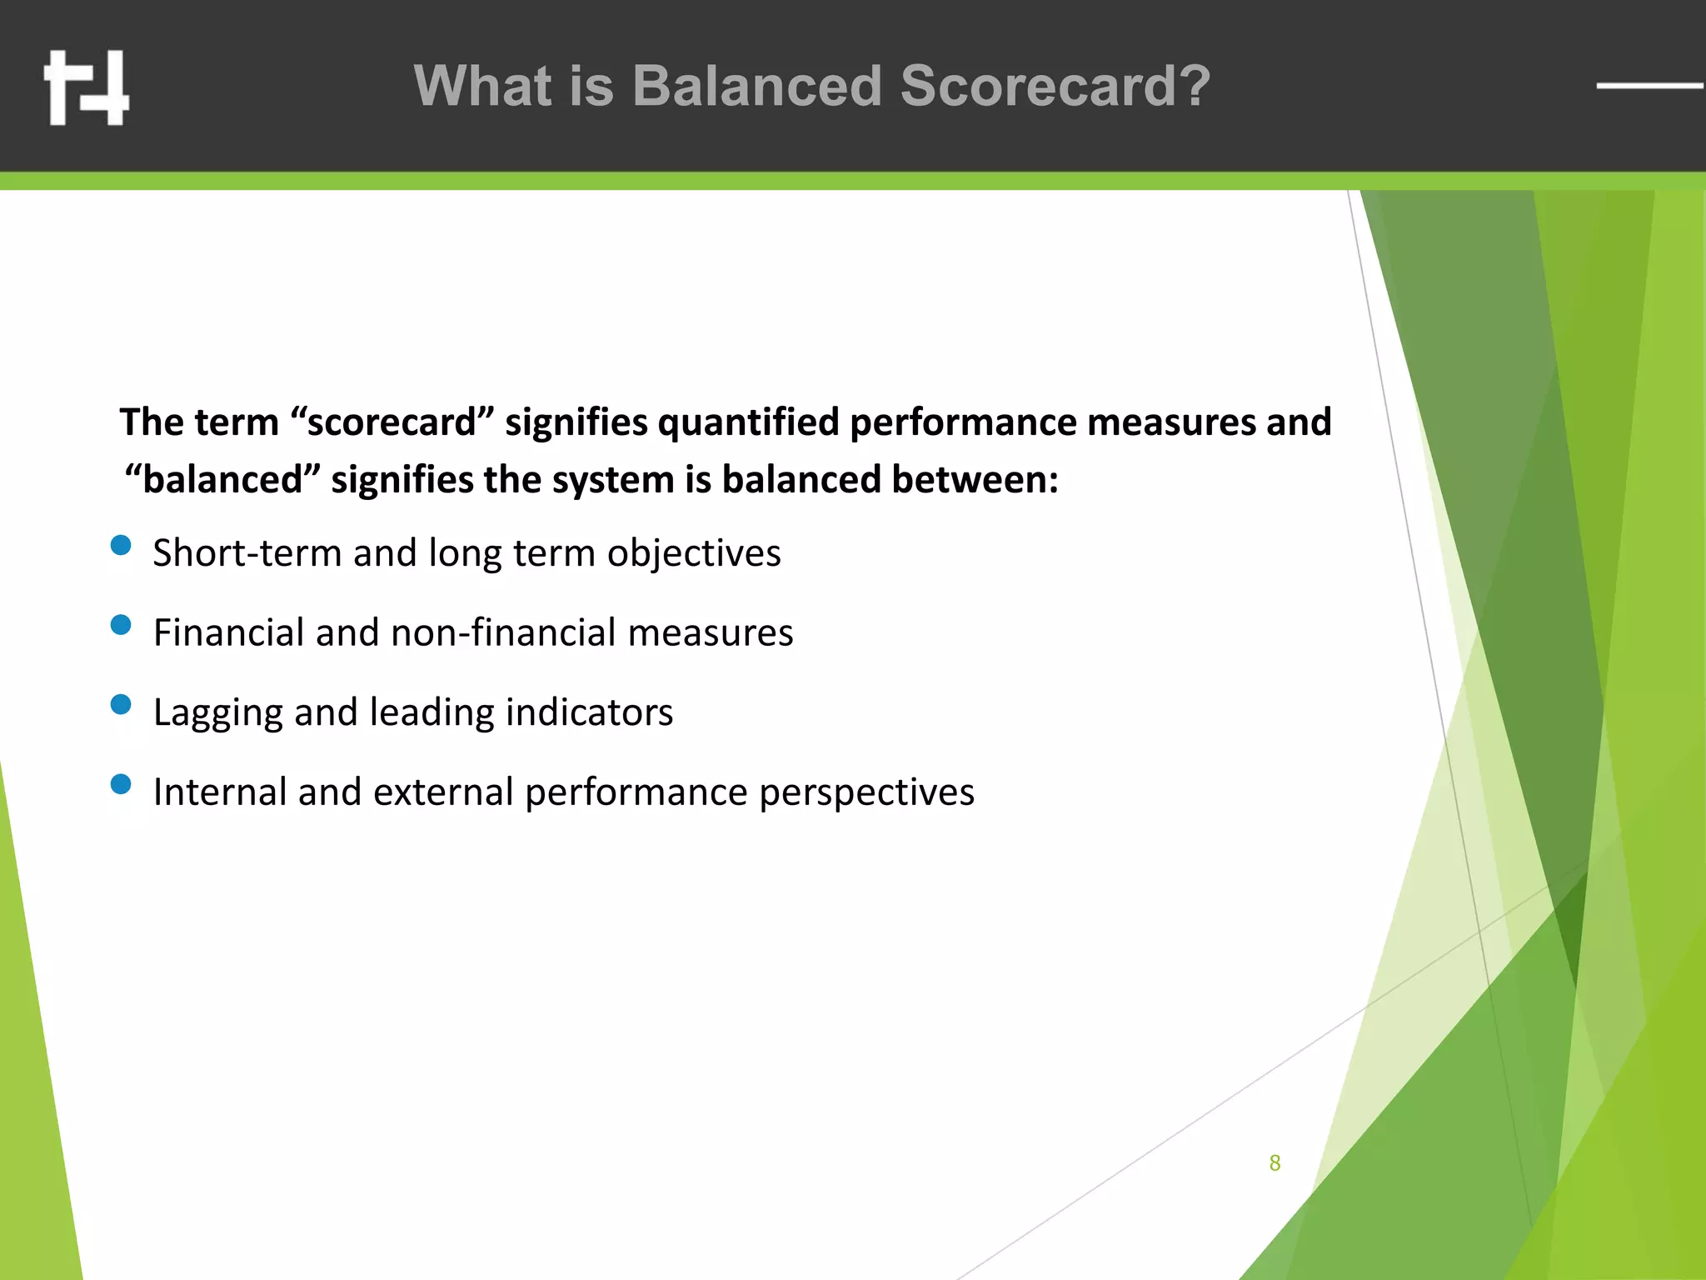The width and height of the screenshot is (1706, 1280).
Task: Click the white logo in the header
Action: coord(87,87)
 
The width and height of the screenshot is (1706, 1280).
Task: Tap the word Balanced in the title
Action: coord(756,86)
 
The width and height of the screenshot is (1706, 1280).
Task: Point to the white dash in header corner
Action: coord(1649,85)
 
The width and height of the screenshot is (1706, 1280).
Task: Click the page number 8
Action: coord(1275,1163)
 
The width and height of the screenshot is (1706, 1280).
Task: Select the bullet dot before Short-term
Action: coord(121,546)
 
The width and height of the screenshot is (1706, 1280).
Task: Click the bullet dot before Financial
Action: coord(121,625)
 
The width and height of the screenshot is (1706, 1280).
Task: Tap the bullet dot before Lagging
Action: coord(121,705)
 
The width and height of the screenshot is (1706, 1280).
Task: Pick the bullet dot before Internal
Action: coord(121,784)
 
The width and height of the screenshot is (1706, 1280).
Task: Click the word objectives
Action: coord(694,554)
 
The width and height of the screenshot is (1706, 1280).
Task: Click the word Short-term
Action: coord(247,553)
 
